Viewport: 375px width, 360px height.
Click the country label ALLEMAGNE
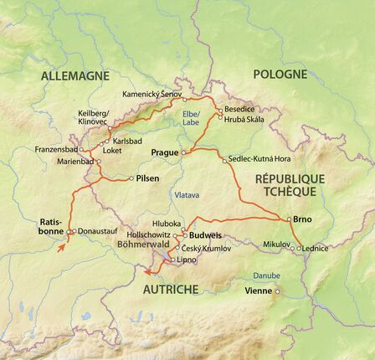pos(75,75)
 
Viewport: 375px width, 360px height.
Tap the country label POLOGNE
pos(280,74)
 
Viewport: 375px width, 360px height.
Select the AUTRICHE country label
pos(171,290)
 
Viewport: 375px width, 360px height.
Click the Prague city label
pos(164,153)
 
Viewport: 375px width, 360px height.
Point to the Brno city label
pos(303,219)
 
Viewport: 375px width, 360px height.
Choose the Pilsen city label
pos(147,178)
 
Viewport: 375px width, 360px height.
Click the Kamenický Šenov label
pos(151,95)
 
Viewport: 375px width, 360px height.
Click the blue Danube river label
pos(266,274)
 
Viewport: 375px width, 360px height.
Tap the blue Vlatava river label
pos(187,195)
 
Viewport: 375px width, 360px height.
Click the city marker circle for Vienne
pos(277,291)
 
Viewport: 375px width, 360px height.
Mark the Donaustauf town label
pos(95,232)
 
